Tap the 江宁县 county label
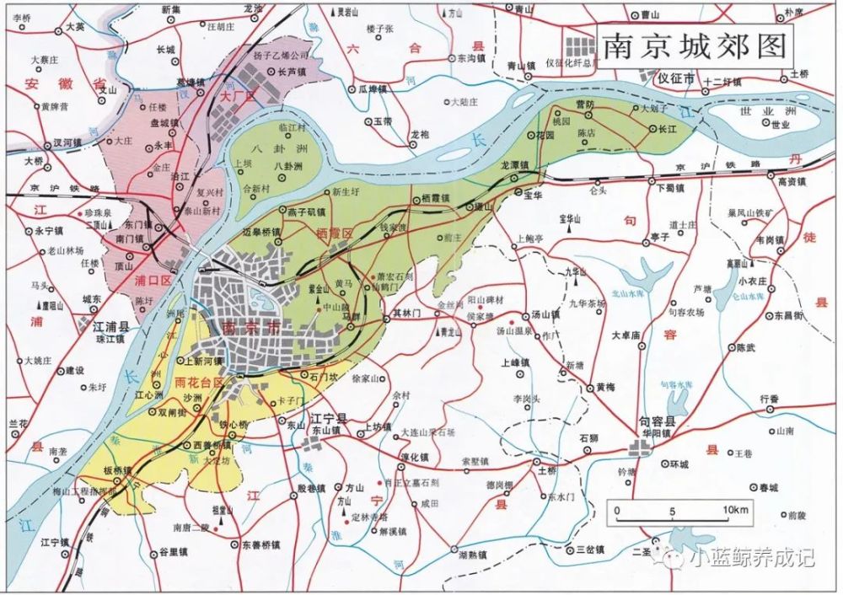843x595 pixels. pos(330,418)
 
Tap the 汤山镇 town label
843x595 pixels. pos(545,314)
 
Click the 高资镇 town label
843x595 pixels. pos(792,181)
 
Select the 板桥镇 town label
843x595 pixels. pos(118,469)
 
